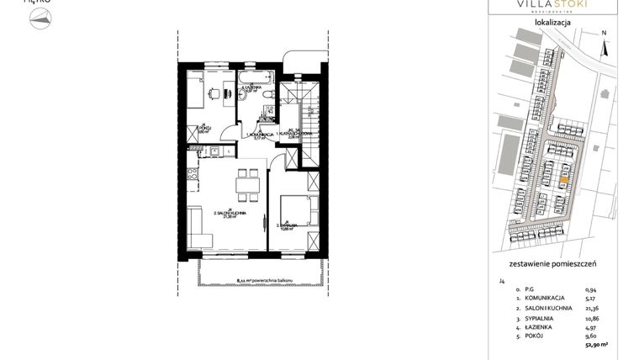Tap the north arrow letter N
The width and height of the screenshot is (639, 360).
pyautogui.click(x=604, y=33)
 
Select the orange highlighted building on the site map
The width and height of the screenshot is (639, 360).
pyautogui.click(x=564, y=178)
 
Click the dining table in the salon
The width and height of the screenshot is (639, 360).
pyautogui.click(x=247, y=184)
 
